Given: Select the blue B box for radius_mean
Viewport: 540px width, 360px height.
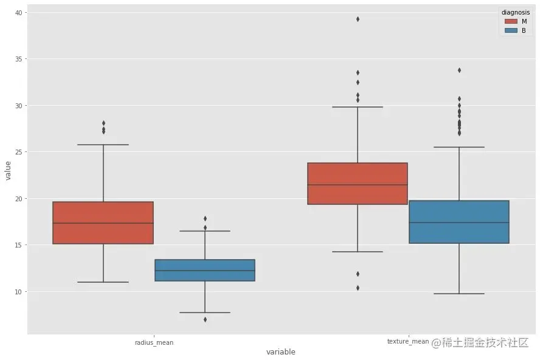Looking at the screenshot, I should pos(204,270).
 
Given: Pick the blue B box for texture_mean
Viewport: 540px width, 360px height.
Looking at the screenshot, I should pos(459,222).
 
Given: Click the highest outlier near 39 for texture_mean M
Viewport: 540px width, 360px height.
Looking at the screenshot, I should pos(358,19).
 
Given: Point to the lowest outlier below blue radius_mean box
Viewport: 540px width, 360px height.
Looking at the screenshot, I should pos(205,319).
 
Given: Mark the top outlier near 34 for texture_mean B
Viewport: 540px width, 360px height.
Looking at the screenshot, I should pos(459,70).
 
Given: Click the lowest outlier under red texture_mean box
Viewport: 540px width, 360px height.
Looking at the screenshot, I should pos(358,288).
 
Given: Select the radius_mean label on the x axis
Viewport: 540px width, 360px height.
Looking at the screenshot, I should pos(154,342).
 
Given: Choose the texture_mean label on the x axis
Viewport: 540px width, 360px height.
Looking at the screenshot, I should pos(408,342).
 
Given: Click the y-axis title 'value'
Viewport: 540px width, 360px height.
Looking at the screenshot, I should pos(8,170).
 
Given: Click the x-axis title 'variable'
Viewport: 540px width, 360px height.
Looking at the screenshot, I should pos(280,352).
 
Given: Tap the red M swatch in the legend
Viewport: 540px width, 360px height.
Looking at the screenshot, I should pos(510,21).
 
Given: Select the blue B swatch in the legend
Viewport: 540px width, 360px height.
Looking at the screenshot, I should pos(510,30).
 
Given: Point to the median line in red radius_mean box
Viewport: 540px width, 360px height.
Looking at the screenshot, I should pos(103,223).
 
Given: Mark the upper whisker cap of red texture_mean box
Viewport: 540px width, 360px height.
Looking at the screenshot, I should pos(358,107).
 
